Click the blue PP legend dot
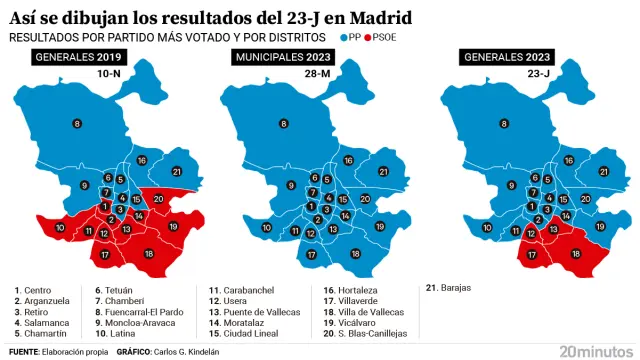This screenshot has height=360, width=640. (343, 37)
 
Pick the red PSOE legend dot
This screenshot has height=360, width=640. (372, 37)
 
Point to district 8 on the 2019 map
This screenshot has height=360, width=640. (77, 123)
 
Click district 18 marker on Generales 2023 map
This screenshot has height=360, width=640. (576, 254)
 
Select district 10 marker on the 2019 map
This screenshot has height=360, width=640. (60, 228)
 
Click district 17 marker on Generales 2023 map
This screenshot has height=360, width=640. (532, 254)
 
